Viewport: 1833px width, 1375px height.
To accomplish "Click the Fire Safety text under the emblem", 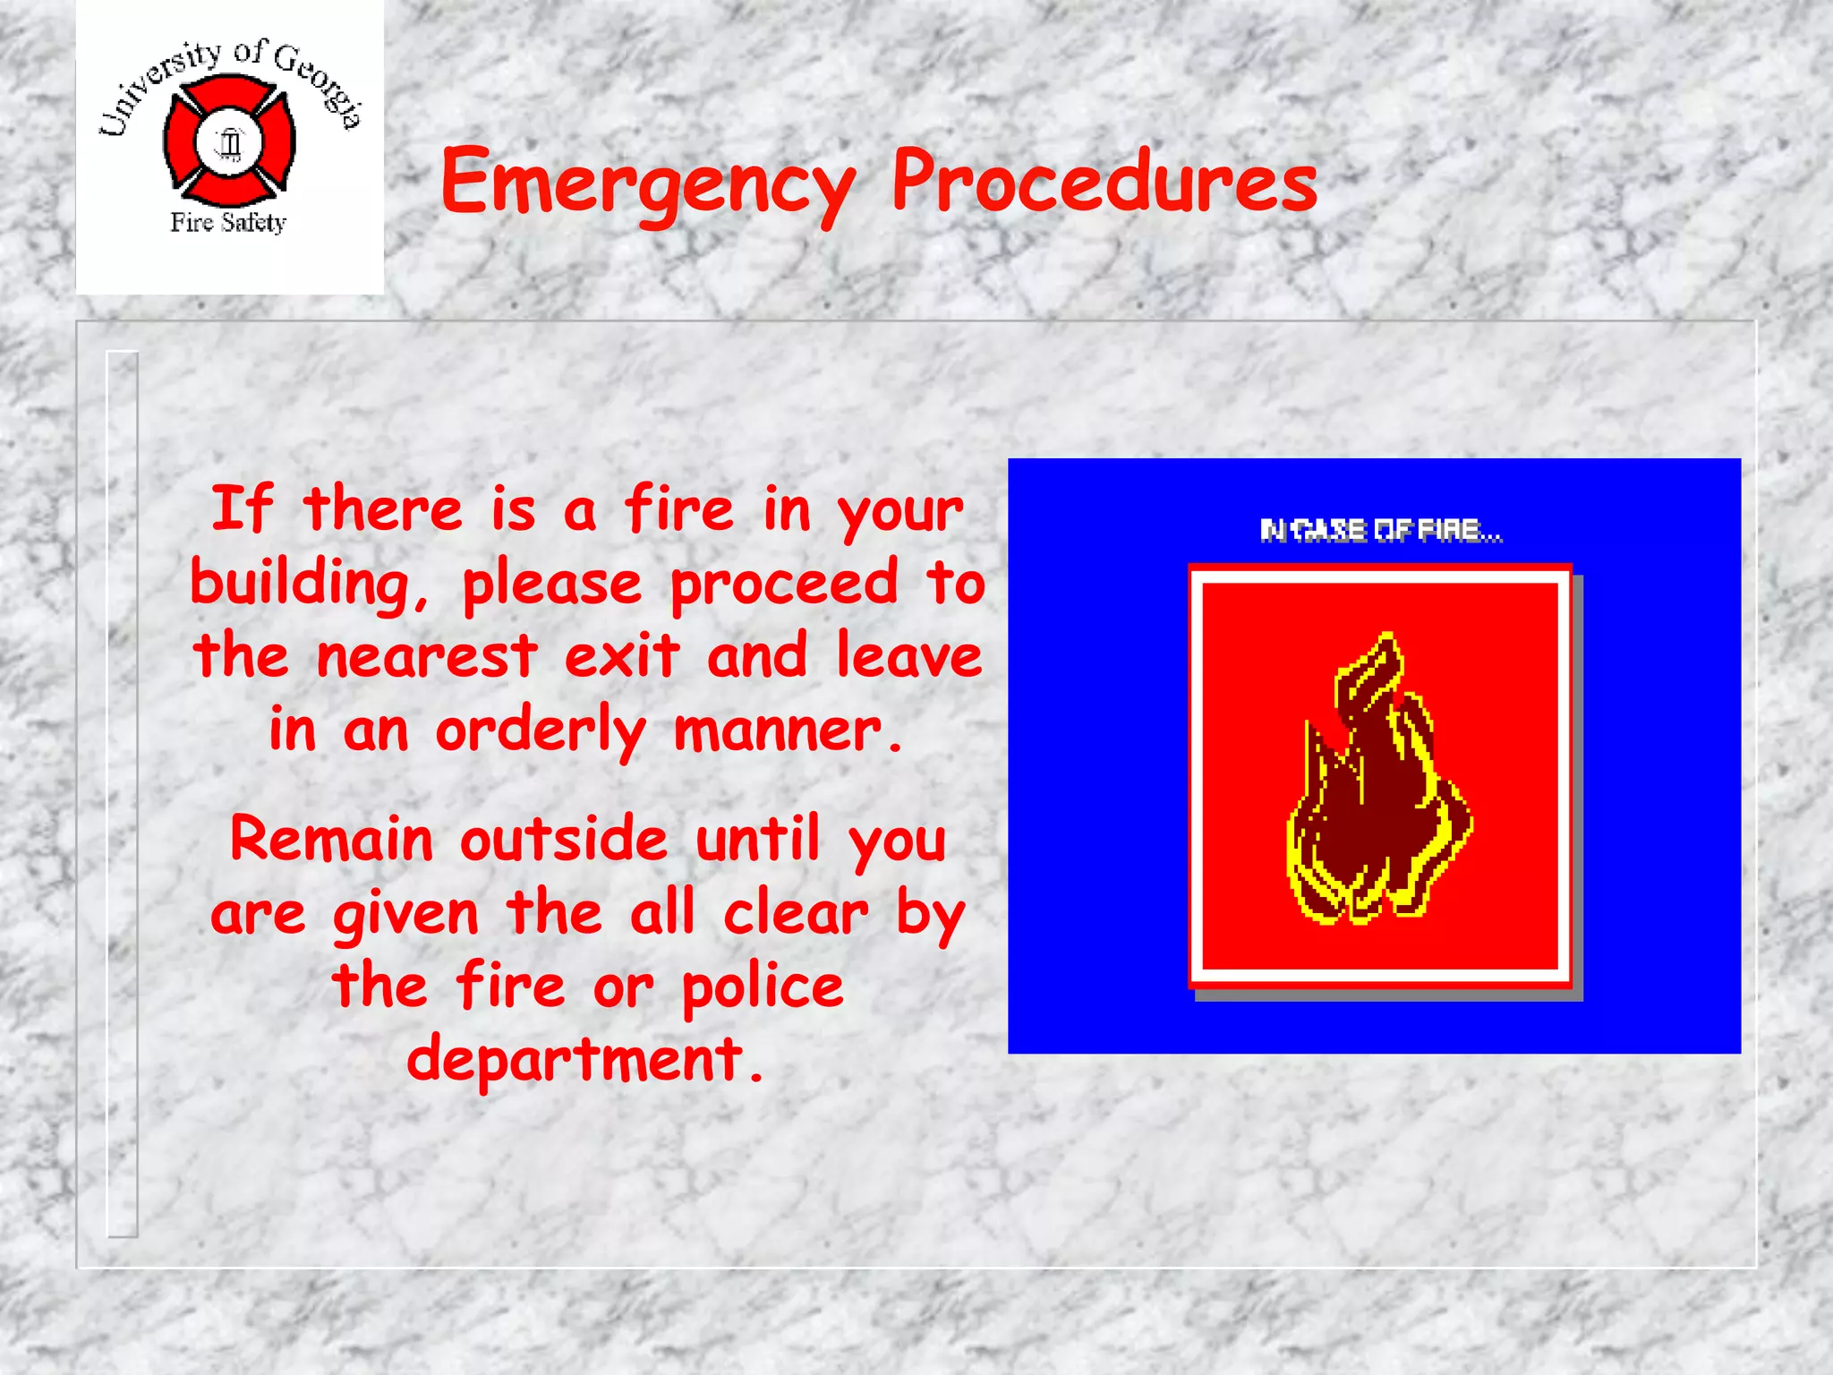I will click(x=228, y=222).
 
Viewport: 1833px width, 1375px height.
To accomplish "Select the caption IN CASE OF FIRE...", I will click(x=1380, y=531).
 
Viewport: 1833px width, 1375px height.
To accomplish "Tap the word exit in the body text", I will click(x=622, y=656).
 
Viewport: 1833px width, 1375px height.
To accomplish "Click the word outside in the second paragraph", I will click(x=564, y=840).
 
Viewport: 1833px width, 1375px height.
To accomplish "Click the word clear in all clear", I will click(x=796, y=913).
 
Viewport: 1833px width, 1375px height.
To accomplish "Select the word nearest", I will click(x=427, y=656).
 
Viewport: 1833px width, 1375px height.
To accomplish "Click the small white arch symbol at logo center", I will click(x=230, y=142).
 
